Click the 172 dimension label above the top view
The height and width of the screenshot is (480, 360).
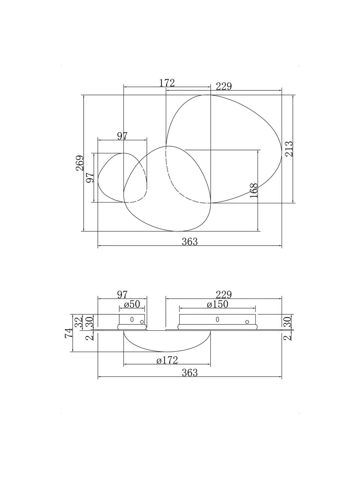(x=167, y=83)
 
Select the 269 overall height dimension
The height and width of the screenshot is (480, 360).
(x=80, y=163)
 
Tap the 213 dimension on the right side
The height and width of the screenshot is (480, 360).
(x=289, y=149)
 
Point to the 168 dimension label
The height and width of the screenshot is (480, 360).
(x=254, y=190)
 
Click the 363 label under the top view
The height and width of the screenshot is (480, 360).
(x=190, y=241)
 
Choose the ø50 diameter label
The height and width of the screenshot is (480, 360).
(x=132, y=304)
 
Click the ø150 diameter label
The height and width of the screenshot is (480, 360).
(x=217, y=304)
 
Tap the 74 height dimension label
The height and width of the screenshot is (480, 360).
(x=69, y=333)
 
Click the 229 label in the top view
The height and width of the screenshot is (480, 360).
(x=224, y=86)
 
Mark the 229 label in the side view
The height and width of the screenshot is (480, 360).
(x=224, y=295)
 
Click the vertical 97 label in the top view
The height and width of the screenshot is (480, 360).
(x=90, y=177)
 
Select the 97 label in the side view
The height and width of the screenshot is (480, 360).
(x=122, y=295)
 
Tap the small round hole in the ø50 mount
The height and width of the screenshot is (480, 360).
(x=142, y=322)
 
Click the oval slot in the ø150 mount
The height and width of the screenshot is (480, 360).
(x=217, y=319)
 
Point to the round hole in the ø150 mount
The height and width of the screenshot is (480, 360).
(x=247, y=322)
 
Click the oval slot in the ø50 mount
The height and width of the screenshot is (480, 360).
(x=132, y=319)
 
